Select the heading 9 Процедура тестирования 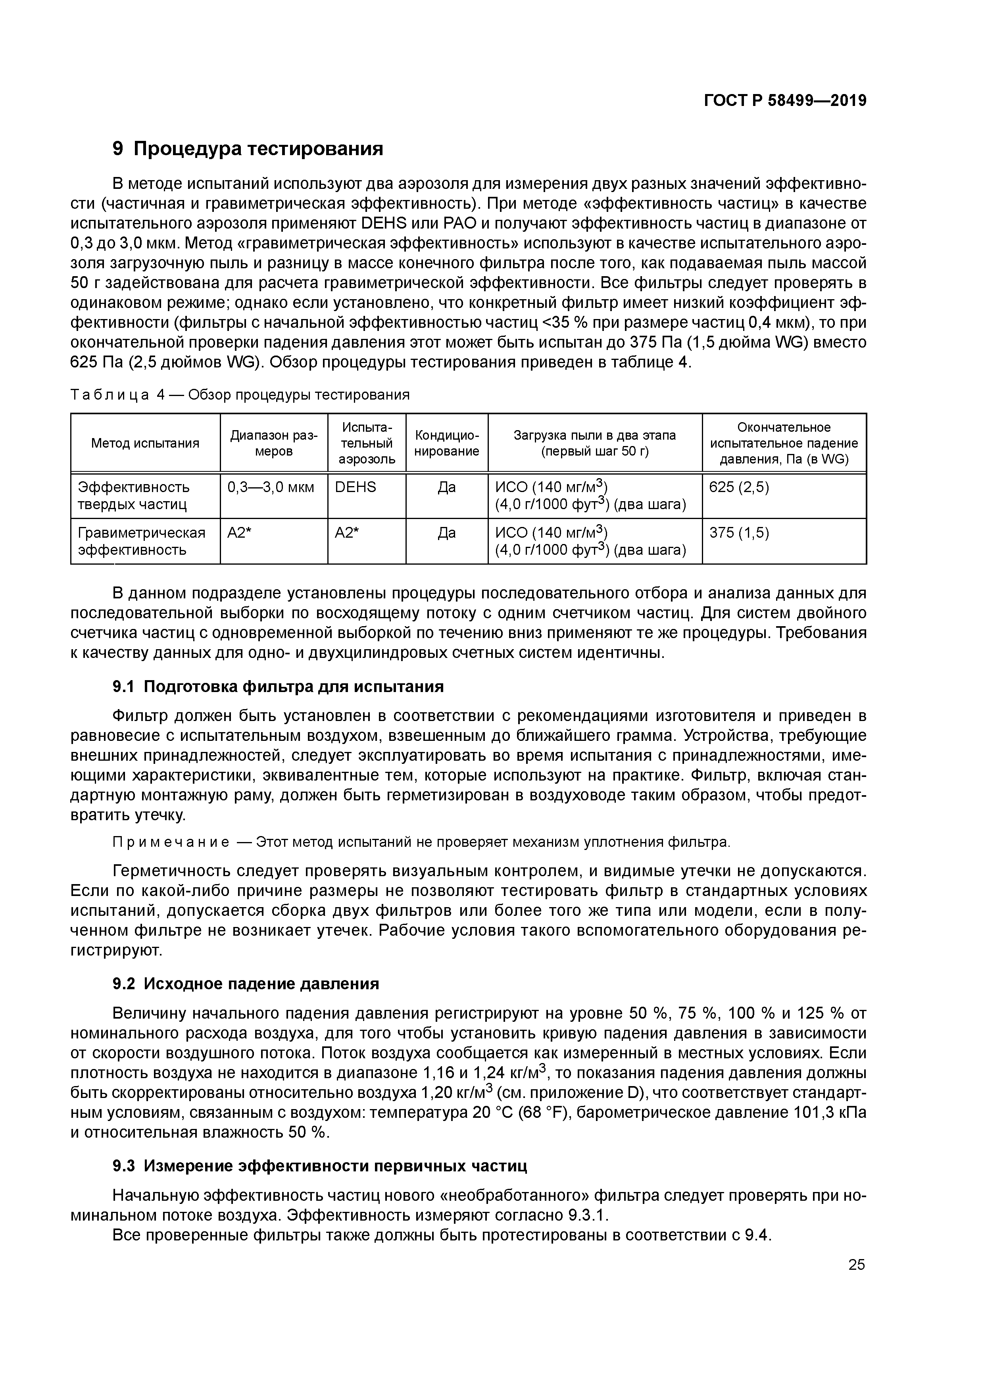248,148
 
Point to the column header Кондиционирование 446,443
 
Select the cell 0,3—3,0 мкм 271,487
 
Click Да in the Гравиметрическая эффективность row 446,533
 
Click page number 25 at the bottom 856,1265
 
